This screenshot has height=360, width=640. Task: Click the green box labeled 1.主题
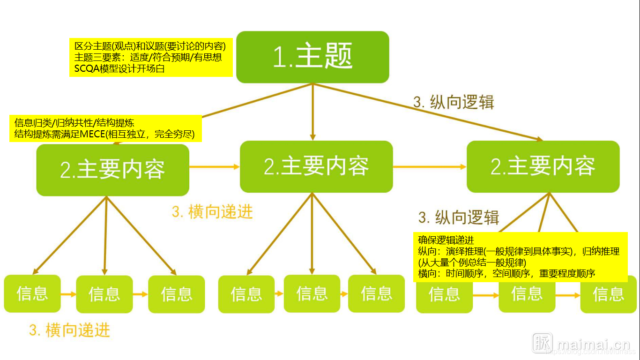point(313,57)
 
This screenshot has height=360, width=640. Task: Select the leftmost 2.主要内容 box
point(112,170)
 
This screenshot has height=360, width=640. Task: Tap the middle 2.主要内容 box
point(316,166)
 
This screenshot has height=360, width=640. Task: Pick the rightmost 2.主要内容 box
point(543,166)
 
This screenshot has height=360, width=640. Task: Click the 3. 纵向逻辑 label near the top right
point(454,102)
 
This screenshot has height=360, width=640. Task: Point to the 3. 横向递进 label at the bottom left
point(69,330)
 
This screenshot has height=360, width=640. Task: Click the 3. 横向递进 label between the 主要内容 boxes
point(212,212)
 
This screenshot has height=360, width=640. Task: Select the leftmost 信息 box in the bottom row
point(32,294)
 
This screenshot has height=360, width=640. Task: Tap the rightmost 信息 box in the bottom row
point(609,294)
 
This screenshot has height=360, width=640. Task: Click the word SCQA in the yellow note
point(84,68)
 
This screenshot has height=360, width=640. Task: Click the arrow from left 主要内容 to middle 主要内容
point(214,166)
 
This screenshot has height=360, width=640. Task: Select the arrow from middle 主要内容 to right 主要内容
point(430,166)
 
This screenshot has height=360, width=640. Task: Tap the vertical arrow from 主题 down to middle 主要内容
point(313,112)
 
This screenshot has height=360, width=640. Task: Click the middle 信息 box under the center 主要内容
point(312,294)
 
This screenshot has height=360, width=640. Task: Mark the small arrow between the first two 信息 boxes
point(68,294)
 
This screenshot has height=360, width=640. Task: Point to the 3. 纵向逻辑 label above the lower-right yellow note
point(459,217)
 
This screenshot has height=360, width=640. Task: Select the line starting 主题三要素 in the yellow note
point(148,58)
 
